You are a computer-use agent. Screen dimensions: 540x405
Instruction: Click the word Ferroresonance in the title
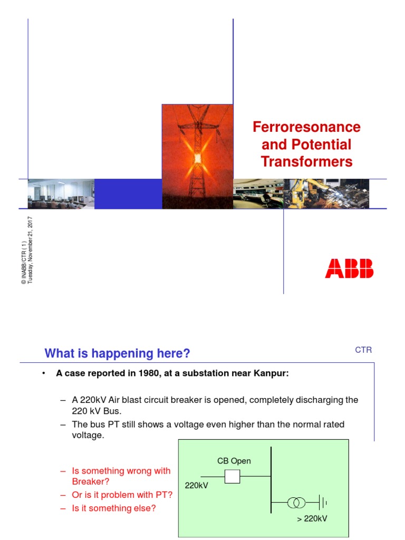click(x=306, y=127)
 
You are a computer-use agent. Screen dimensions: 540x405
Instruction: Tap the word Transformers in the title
click(x=306, y=161)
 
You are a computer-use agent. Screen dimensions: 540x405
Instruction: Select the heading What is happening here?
click(x=117, y=353)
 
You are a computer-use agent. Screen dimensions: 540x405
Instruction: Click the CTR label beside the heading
click(x=363, y=350)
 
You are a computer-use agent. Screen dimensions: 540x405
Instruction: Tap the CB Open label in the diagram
click(x=234, y=461)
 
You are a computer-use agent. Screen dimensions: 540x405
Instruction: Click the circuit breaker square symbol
click(x=232, y=477)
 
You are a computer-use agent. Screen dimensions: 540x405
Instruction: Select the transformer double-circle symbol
click(x=296, y=503)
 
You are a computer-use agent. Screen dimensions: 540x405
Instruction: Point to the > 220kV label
click(x=312, y=518)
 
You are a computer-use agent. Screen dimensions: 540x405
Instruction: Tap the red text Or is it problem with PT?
click(x=122, y=495)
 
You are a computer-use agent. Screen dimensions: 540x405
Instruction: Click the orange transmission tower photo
click(x=197, y=156)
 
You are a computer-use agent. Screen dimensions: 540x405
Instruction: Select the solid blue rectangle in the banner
click(x=128, y=194)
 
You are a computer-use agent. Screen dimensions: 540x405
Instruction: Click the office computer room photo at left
click(x=61, y=194)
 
